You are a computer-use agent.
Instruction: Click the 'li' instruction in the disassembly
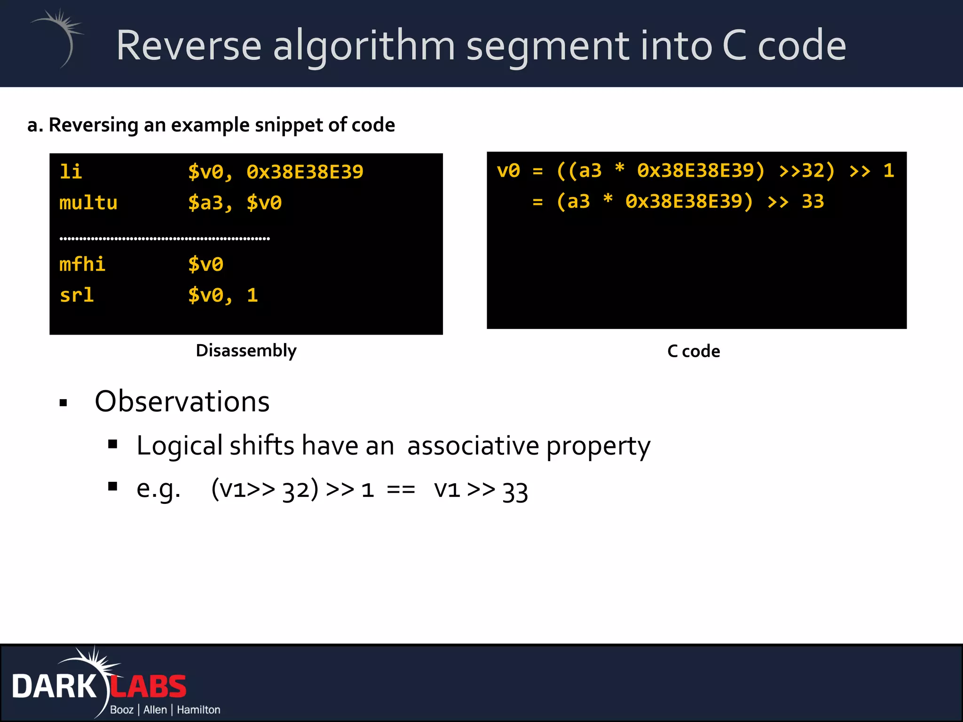pos(71,172)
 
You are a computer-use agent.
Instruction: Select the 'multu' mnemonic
pos(88,203)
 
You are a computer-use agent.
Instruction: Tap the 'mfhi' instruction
pos(82,264)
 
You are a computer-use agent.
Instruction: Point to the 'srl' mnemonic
pos(77,295)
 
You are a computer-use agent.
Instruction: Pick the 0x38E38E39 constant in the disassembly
pos(305,172)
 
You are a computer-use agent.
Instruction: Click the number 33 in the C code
pos(813,201)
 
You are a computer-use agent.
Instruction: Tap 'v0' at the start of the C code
pos(508,171)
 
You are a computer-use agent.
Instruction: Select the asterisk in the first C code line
pos(620,170)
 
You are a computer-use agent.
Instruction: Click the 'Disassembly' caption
pos(246,351)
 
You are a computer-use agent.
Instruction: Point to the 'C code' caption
pos(694,351)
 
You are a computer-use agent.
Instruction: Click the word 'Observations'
pos(182,402)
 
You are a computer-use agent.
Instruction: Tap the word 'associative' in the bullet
pos(473,446)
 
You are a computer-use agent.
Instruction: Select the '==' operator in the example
pos(401,490)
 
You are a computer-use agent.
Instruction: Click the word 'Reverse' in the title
pos(189,46)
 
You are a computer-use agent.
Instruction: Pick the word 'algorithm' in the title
pos(364,46)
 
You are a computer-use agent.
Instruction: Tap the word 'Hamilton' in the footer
pos(198,710)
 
